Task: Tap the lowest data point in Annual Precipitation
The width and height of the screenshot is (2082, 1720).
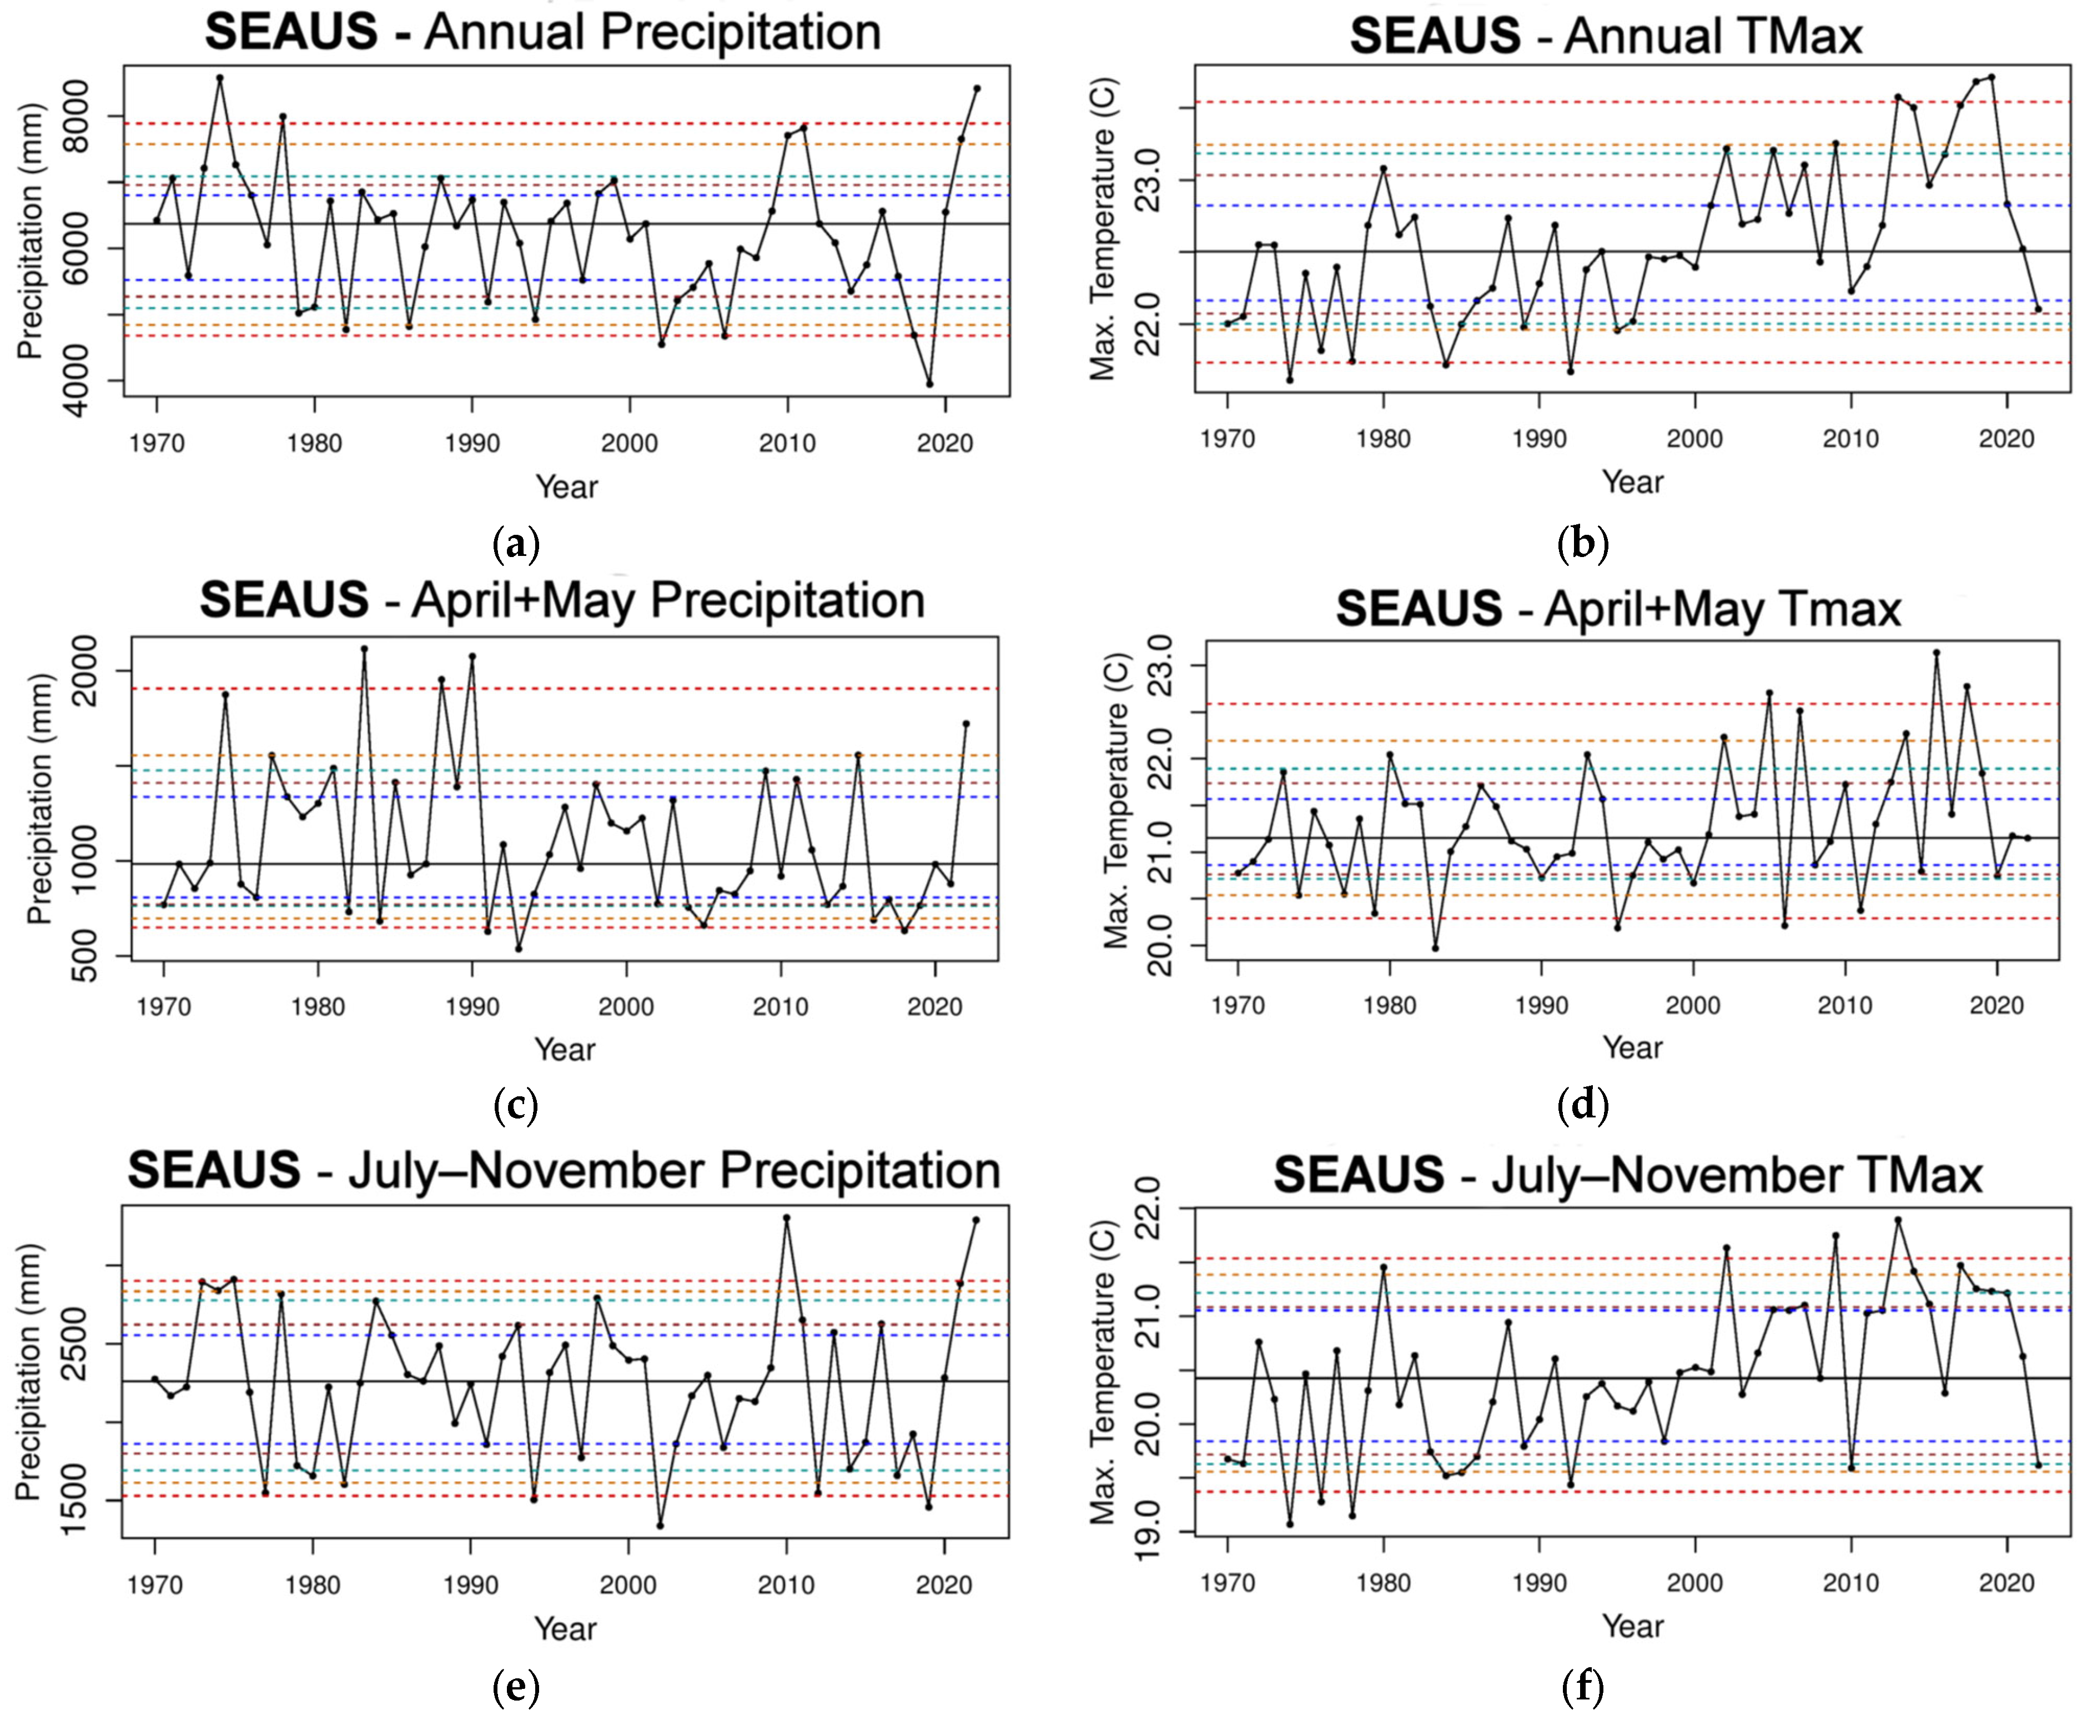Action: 929,383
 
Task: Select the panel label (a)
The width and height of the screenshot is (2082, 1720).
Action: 515,544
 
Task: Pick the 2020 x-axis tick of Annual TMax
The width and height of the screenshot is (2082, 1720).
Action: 2006,439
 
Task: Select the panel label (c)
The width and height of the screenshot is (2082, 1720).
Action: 515,1106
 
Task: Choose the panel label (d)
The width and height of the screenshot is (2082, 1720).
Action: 1582,1106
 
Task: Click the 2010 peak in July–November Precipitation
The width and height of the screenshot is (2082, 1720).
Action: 787,1218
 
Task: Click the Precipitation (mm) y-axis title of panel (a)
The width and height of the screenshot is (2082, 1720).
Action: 30,232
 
